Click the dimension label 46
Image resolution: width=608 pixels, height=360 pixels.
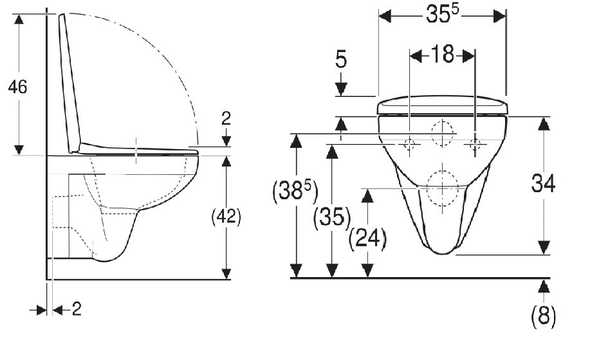point(18,86)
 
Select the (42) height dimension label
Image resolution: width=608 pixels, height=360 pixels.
point(226,217)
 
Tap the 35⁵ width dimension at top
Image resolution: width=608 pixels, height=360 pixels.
point(443,14)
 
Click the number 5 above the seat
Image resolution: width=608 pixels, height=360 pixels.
point(341,60)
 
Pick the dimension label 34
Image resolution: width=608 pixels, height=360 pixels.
point(543,183)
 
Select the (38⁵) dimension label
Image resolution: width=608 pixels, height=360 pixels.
point(295,191)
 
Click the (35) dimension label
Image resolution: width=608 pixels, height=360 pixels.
point(332,218)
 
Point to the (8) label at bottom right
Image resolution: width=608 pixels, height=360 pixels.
point(543,316)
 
